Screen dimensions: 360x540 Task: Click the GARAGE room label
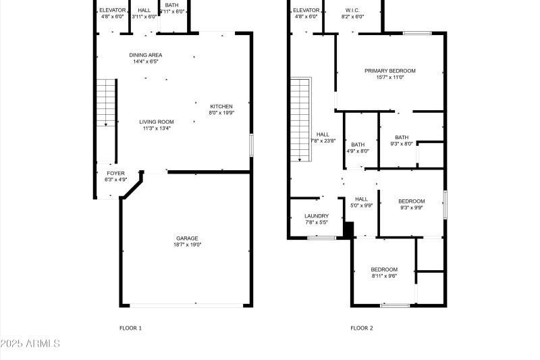[x=187, y=238]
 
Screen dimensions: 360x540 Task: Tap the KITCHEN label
[x=221, y=107]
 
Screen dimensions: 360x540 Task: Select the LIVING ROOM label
[x=157, y=122]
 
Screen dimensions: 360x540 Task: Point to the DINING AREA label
[x=146, y=55]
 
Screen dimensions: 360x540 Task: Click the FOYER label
[x=115, y=174]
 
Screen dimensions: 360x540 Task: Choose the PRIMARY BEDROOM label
[x=389, y=70]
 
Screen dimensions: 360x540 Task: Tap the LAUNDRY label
[x=317, y=216]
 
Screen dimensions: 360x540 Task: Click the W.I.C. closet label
[x=352, y=10]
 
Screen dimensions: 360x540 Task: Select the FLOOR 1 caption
[x=130, y=328]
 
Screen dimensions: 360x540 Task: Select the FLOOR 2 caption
[x=361, y=328]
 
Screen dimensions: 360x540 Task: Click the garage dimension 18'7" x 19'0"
[x=187, y=245]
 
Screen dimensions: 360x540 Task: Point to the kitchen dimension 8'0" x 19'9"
[x=221, y=113]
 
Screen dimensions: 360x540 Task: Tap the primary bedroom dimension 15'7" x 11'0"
[x=389, y=77]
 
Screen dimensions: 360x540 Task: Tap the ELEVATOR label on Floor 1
[x=113, y=10]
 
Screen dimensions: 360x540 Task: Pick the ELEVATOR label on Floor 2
[x=306, y=10]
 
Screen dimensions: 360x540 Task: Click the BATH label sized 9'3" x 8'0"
[x=402, y=137]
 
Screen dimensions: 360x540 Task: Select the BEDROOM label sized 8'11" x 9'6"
[x=383, y=269]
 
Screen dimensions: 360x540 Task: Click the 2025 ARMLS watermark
[x=30, y=344]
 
